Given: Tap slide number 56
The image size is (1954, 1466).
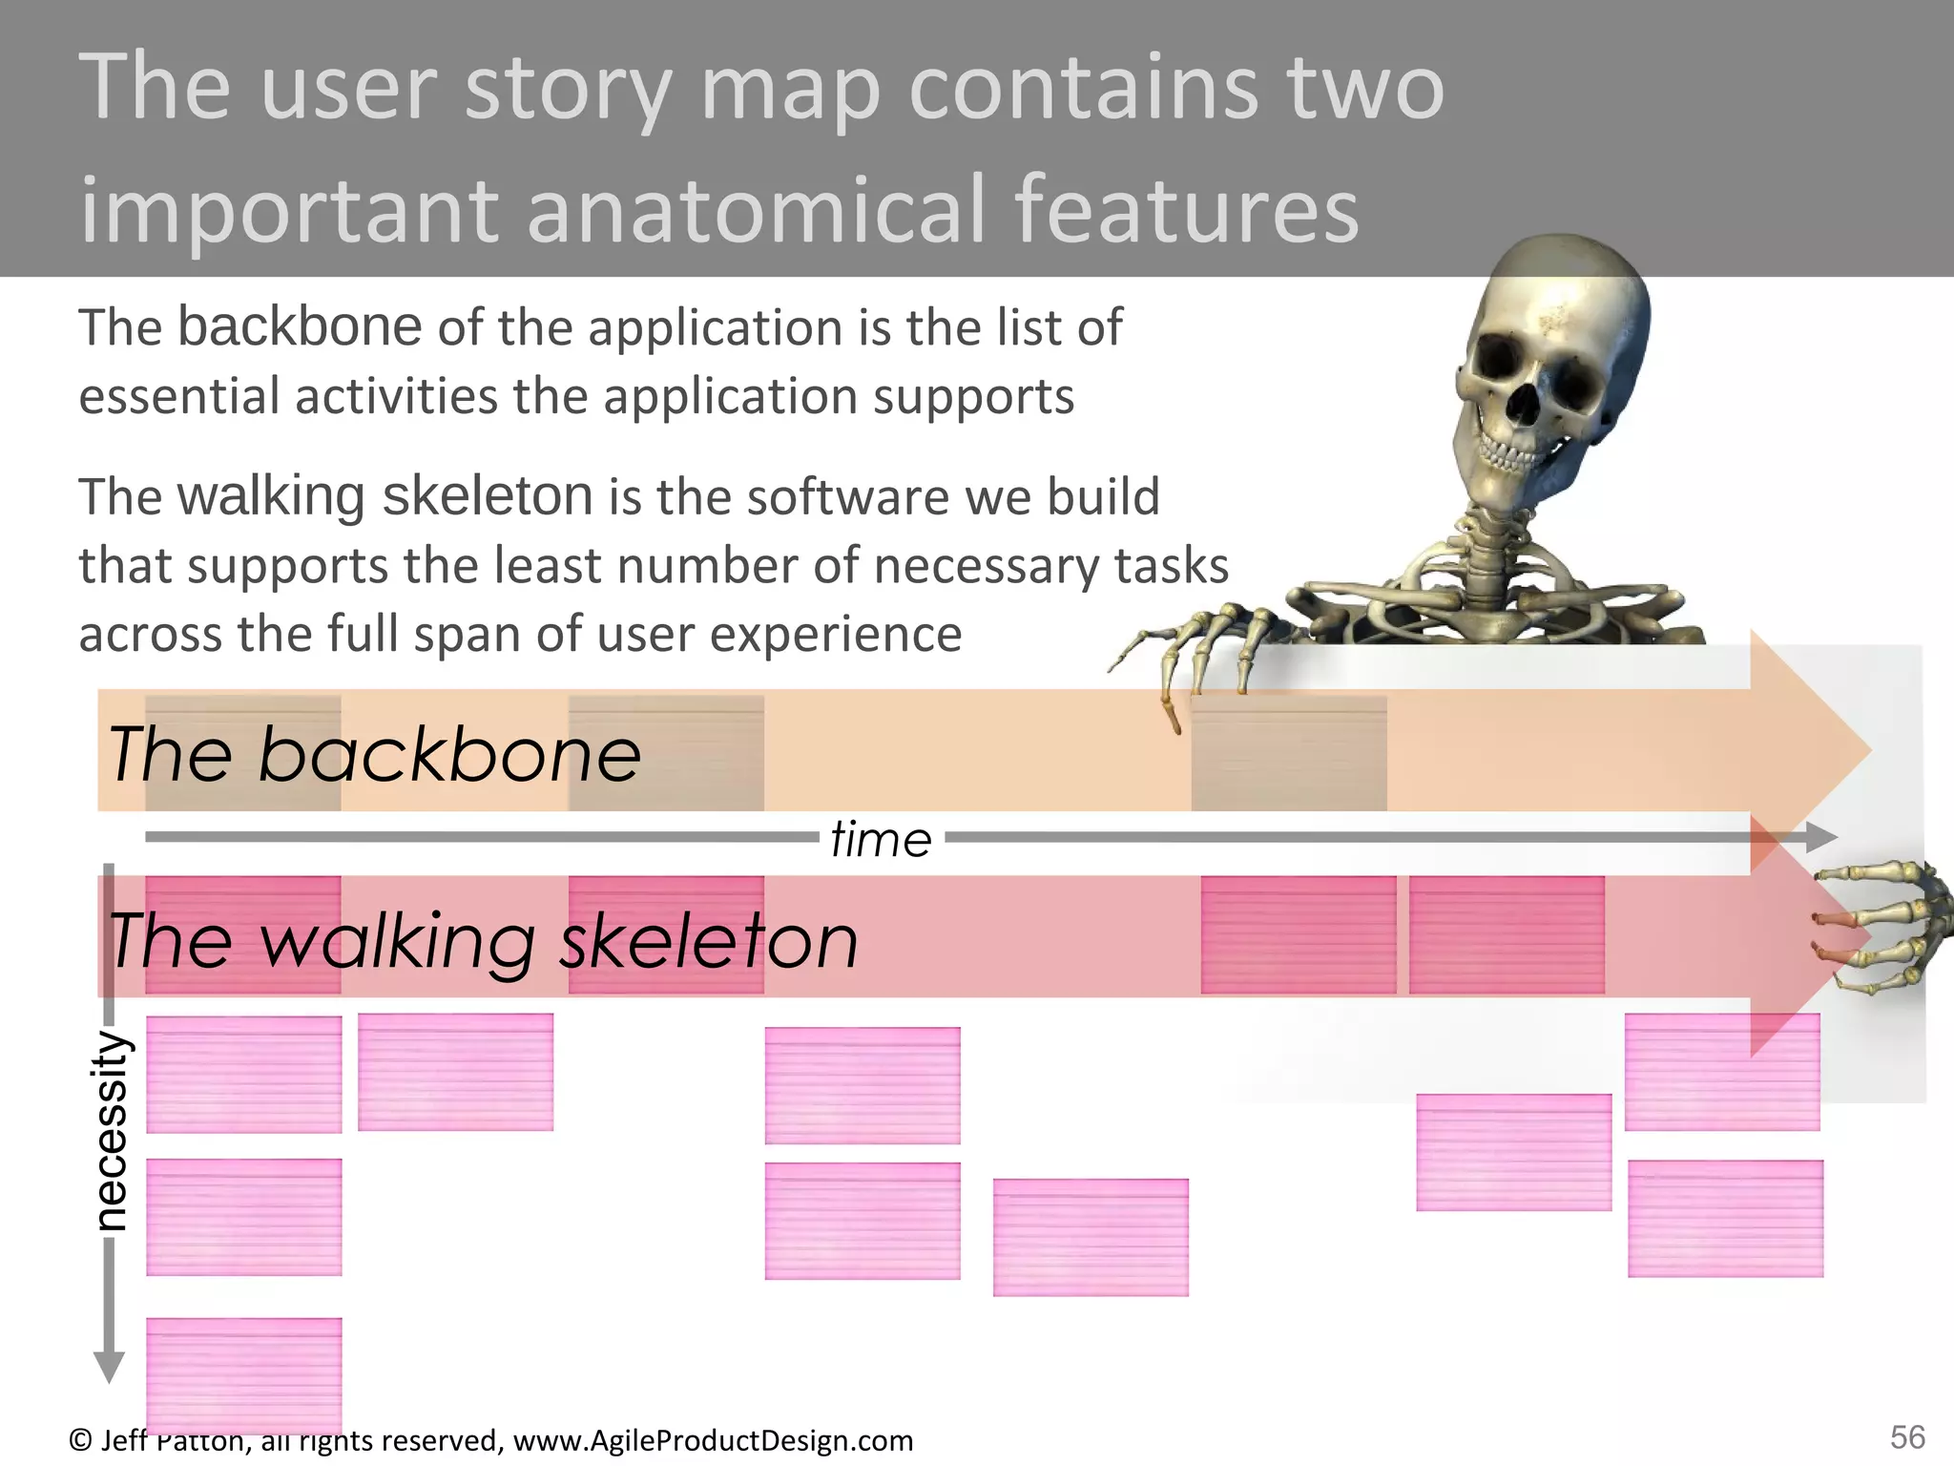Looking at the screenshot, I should pyautogui.click(x=1907, y=1437).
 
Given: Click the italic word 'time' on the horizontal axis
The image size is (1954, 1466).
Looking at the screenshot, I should pyautogui.click(x=880, y=840).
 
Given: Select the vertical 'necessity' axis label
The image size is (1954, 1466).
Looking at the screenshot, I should pyautogui.click(x=112, y=1130).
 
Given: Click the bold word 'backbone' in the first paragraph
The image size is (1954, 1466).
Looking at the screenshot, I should pyautogui.click(x=300, y=326).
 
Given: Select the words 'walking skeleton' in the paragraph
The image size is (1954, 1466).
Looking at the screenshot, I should pyautogui.click(x=385, y=496).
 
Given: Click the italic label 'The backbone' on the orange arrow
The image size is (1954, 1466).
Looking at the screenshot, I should pyautogui.click(x=374, y=754).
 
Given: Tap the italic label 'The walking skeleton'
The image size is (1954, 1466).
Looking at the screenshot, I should pyautogui.click(x=483, y=941).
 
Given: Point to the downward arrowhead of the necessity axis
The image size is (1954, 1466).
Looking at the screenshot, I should pyautogui.click(x=109, y=1367).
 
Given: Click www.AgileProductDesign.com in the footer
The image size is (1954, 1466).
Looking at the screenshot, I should pyautogui.click(x=713, y=1440).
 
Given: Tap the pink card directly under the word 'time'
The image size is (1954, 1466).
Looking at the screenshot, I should pyautogui.click(x=863, y=1084).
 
